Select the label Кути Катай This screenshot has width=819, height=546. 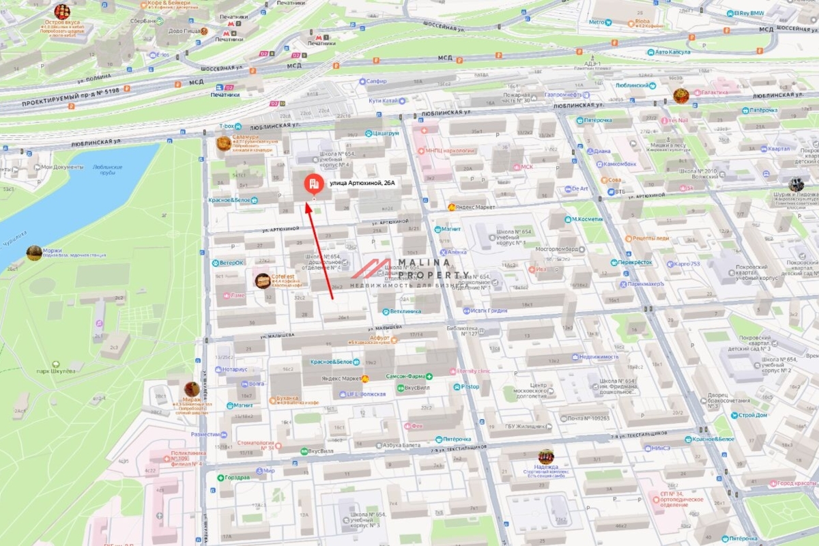(383, 100)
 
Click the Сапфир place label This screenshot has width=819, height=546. (376, 81)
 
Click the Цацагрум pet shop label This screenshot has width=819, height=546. (386, 133)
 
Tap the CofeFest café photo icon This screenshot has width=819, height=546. (263, 281)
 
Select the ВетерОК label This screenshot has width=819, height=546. (231, 263)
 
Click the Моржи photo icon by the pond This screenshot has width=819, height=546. (34, 253)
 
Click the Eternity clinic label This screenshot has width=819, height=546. (474, 371)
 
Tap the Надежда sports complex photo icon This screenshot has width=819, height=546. (545, 456)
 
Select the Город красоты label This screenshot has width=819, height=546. (796, 483)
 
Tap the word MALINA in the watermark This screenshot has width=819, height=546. (429, 263)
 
